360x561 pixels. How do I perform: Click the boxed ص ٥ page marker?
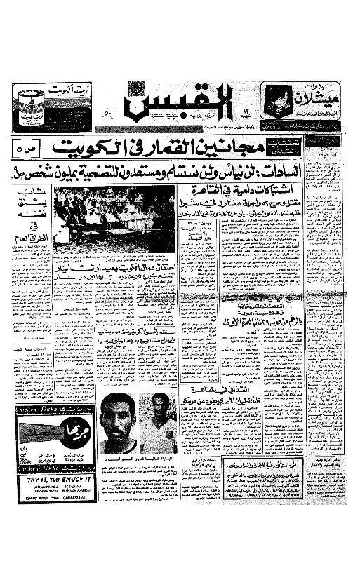[27, 149]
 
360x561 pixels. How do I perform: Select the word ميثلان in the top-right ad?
[316, 95]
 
